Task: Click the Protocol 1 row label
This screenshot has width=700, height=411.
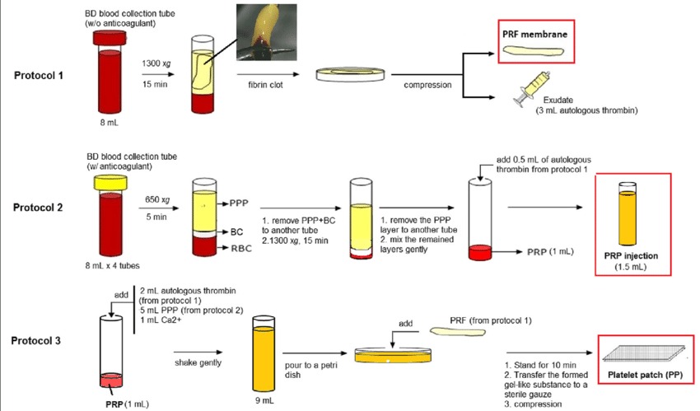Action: click(41, 75)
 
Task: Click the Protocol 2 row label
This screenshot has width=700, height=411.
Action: click(41, 207)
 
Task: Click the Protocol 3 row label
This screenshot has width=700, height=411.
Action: click(41, 339)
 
